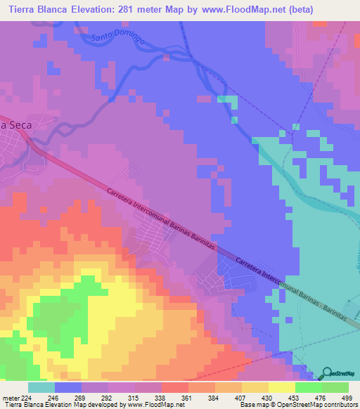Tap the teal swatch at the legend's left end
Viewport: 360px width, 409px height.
point(41,387)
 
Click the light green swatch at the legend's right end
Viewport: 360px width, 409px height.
point(335,387)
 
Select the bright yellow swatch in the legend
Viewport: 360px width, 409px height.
point(282,387)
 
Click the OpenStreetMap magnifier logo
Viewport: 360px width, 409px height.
point(328,374)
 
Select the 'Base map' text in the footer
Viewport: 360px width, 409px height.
point(252,405)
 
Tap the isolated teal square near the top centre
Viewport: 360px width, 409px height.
point(224,99)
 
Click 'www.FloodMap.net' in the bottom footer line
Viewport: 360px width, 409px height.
point(151,405)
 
